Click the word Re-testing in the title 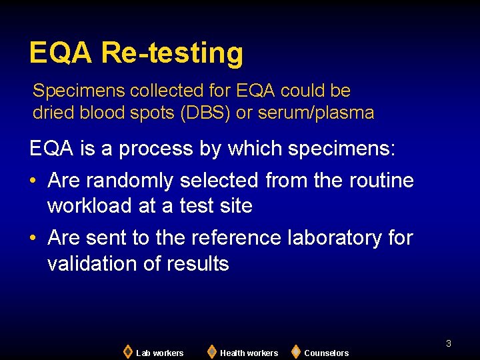[x=172, y=53]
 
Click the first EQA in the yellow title [x=61, y=53]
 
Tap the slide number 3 [x=449, y=343]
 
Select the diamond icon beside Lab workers [x=128, y=351]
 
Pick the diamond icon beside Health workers [x=211, y=351]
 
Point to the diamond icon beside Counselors [x=296, y=351]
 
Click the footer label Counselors [x=326, y=353]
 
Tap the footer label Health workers [x=249, y=353]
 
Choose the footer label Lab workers [x=159, y=353]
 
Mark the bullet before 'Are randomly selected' [x=34, y=181]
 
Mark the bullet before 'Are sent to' [x=34, y=237]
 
